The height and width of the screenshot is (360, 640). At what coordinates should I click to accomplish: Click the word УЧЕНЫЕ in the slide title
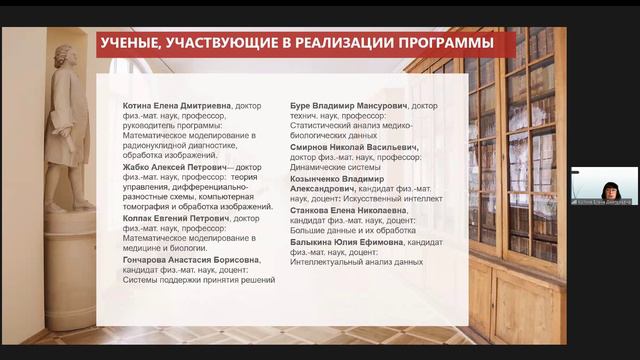click(136, 44)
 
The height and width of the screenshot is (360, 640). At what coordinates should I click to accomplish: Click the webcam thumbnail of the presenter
click(604, 183)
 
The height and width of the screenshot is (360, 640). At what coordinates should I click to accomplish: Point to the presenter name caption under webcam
click(604, 200)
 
